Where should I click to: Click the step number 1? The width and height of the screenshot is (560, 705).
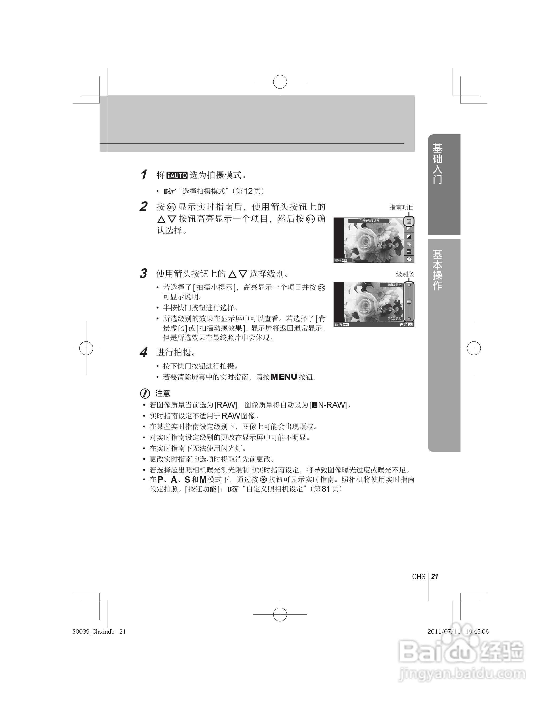[143, 175]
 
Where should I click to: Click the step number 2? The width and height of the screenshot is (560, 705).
[143, 207]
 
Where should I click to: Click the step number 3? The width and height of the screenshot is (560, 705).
[143, 274]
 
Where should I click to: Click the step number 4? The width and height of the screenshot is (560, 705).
[143, 353]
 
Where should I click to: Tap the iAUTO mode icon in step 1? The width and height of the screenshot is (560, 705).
[177, 175]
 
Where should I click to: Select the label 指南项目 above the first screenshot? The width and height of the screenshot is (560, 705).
[402, 207]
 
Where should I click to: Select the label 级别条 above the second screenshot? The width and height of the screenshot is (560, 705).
[405, 274]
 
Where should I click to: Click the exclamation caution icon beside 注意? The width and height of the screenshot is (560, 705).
[145, 393]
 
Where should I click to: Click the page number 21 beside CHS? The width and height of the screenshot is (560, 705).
[435, 576]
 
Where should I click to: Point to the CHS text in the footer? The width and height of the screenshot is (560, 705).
[419, 576]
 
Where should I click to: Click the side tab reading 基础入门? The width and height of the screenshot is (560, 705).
[438, 163]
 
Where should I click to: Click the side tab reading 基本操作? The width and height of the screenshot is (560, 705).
[438, 270]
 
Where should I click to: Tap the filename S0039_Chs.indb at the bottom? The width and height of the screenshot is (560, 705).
[94, 631]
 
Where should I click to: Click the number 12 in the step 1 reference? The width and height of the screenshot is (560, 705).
[248, 191]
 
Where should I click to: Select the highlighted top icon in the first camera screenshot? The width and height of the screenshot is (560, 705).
[409, 221]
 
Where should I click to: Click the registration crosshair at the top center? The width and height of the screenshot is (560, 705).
[280, 82]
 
